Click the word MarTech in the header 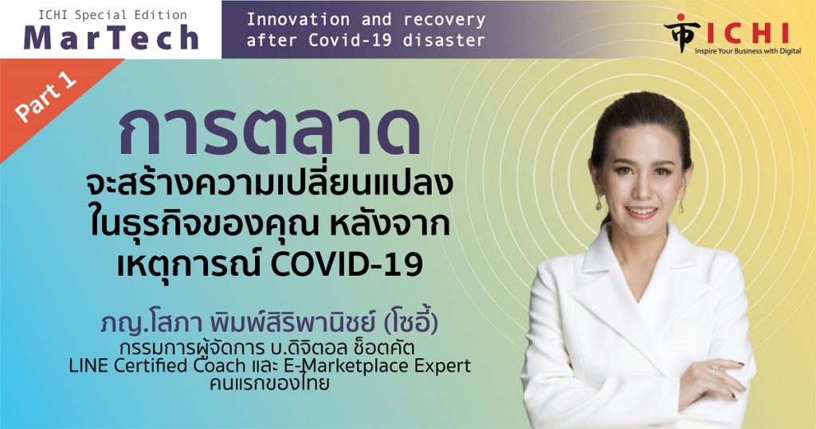[111, 37]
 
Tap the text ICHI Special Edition [113, 15]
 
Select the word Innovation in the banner [298, 20]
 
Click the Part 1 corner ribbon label [45, 96]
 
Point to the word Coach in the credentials [220, 365]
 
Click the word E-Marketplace [347, 365]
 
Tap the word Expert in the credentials [442, 366]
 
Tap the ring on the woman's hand [712, 370]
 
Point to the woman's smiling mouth [641, 211]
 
